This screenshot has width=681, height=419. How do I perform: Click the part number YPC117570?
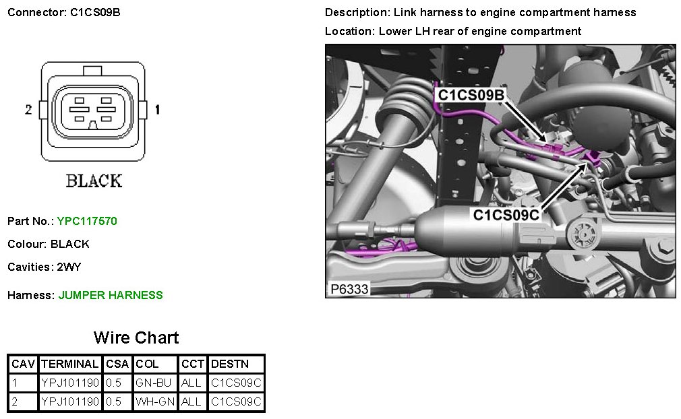coord(87,221)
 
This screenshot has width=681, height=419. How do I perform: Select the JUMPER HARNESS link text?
coord(111,295)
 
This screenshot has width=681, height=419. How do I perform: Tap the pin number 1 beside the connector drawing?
coord(157,110)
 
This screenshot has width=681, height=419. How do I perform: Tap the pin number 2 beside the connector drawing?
coord(28,110)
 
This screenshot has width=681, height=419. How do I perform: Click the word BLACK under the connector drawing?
coord(94,181)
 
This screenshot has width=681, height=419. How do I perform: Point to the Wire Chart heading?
coord(136,337)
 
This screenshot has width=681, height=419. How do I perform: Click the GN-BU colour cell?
coord(153,383)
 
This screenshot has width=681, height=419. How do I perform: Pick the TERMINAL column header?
coord(70,364)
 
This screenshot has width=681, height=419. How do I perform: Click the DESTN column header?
coord(230,364)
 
